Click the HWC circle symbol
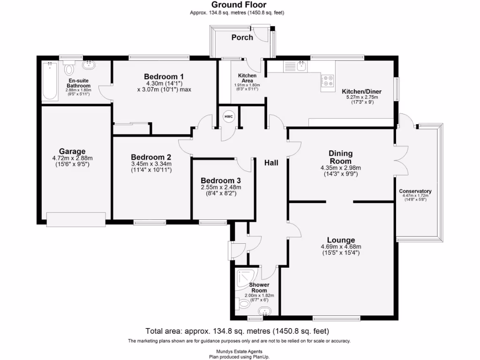tap(228, 117)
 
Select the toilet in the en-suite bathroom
tap(70, 69)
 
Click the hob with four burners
tap(328, 82)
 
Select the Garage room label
tap(72, 151)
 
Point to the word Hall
tap(271, 163)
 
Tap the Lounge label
tap(341, 240)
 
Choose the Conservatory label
tap(415, 191)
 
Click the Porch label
tap(242, 37)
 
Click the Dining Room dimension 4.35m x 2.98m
tap(340, 168)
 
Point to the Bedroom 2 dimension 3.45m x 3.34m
tap(150, 164)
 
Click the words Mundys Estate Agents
tap(240, 351)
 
